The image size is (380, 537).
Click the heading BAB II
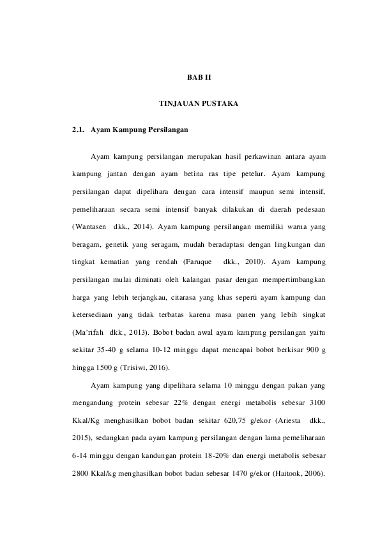190,77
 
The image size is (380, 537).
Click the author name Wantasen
91,226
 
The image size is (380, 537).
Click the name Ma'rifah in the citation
89,333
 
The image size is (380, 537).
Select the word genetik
110,244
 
